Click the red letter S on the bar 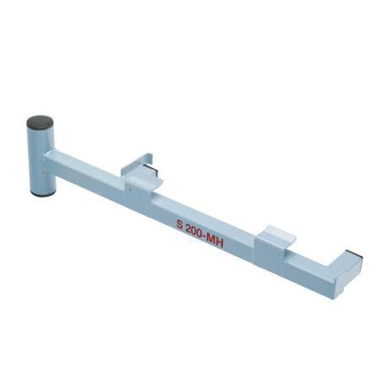(x=180, y=225)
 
